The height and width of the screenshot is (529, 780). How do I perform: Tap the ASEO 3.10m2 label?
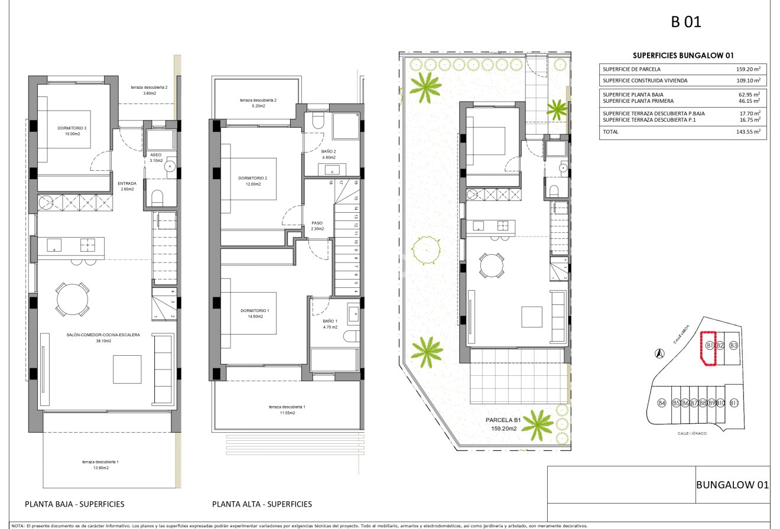tap(156, 157)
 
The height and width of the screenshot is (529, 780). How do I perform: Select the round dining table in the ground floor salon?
tap(73, 300)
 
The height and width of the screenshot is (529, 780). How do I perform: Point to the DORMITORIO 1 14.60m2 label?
tap(255, 313)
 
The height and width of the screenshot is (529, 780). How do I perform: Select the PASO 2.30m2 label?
tap(317, 226)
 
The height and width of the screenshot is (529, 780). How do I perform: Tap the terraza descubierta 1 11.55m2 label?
tap(287, 410)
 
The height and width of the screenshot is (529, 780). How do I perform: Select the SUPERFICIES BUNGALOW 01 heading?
tap(682, 56)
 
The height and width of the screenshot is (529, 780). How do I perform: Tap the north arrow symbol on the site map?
tap(659, 353)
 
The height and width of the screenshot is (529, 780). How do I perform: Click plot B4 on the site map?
tap(662, 403)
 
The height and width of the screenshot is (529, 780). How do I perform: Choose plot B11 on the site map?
tap(733, 403)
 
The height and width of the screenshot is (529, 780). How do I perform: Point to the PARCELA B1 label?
tap(503, 420)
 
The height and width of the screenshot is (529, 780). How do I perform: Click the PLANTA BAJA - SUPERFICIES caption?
tap(74, 504)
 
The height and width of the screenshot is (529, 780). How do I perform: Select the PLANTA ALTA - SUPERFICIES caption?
tap(262, 504)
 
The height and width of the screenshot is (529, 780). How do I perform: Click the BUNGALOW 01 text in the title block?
tap(732, 485)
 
